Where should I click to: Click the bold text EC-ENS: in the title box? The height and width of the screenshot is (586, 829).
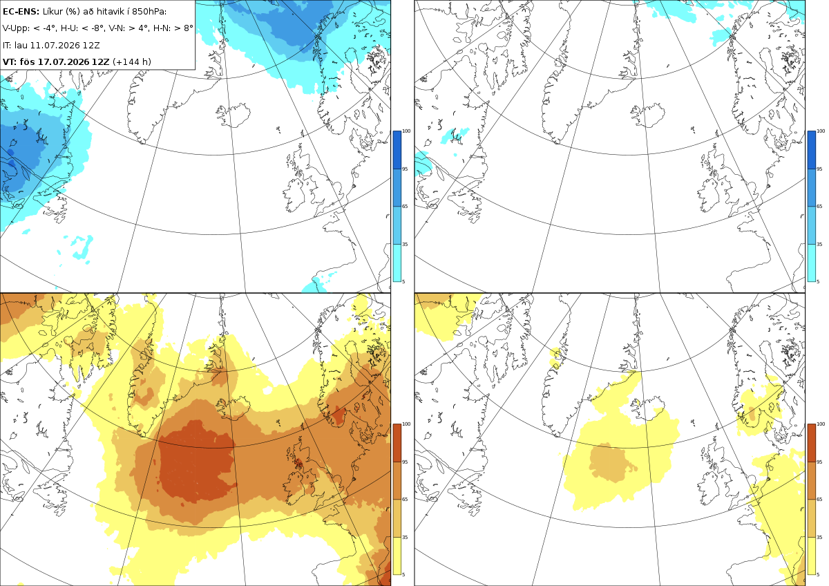(21, 12)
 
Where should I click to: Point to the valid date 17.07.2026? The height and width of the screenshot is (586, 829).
(64, 62)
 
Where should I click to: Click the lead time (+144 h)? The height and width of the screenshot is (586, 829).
(132, 62)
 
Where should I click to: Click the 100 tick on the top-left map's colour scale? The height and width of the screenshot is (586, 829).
(406, 131)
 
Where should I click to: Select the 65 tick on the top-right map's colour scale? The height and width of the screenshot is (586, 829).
(819, 206)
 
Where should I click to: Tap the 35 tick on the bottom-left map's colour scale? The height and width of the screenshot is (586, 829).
(405, 537)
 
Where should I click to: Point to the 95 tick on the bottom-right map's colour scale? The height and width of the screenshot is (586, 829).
(819, 462)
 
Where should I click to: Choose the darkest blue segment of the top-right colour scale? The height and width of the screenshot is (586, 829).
(811, 150)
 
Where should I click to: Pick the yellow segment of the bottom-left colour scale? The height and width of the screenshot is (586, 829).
(397, 556)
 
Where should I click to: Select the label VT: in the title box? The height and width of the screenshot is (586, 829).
(9, 62)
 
